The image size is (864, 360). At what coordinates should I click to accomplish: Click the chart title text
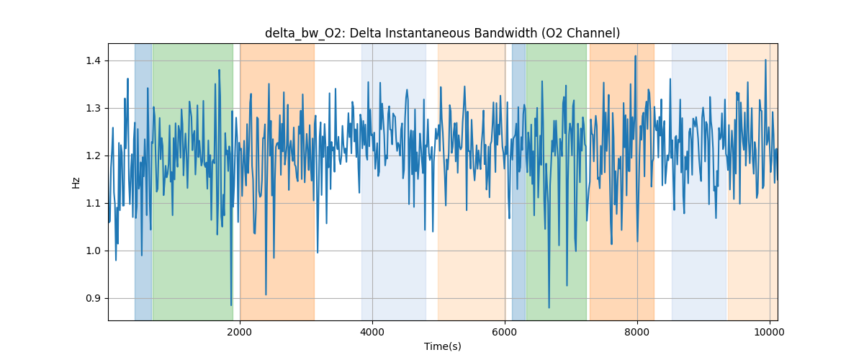click(442, 33)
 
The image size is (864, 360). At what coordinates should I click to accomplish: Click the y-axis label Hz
click(76, 182)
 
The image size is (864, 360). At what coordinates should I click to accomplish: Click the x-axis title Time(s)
click(442, 346)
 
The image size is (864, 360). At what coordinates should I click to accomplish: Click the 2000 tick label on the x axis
click(240, 332)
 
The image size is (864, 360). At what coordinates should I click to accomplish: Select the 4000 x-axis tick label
click(372, 332)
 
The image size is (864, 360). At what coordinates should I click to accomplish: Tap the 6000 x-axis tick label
click(505, 332)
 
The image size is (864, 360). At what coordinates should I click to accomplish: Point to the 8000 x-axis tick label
click(637, 332)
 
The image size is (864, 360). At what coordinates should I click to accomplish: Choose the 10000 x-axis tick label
click(770, 332)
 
